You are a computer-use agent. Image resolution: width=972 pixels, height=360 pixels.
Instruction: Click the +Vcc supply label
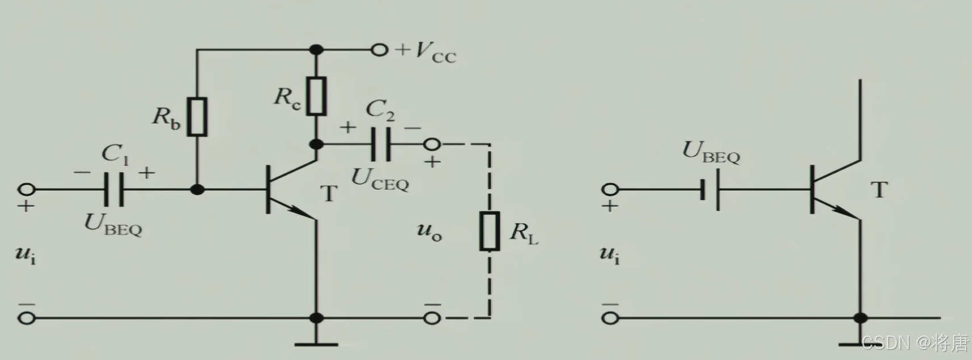(x=427, y=52)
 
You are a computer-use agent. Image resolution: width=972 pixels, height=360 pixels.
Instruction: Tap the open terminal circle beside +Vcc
(x=379, y=50)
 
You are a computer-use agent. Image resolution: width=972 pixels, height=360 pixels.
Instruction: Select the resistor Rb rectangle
(x=197, y=117)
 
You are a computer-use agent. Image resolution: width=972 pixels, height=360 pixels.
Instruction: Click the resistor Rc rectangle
(x=317, y=96)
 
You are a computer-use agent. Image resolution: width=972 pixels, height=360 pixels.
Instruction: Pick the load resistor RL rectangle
(x=490, y=231)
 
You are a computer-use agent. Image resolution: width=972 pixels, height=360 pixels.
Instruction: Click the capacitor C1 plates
(x=114, y=189)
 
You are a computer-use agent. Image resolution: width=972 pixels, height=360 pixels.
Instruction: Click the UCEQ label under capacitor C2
(x=380, y=179)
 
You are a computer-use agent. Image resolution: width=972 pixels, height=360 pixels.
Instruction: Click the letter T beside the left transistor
(x=329, y=194)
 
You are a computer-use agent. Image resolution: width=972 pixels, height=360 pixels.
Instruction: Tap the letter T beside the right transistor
(x=879, y=189)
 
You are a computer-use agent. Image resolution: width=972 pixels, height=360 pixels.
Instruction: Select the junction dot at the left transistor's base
(x=197, y=189)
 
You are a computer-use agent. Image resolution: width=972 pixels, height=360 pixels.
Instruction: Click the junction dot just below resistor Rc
(x=317, y=144)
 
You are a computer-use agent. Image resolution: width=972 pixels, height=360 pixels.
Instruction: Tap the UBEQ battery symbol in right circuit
(x=710, y=189)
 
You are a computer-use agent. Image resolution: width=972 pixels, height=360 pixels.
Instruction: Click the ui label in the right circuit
(x=610, y=255)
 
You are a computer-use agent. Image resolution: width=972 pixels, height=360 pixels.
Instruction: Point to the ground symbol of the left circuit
(x=317, y=342)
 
